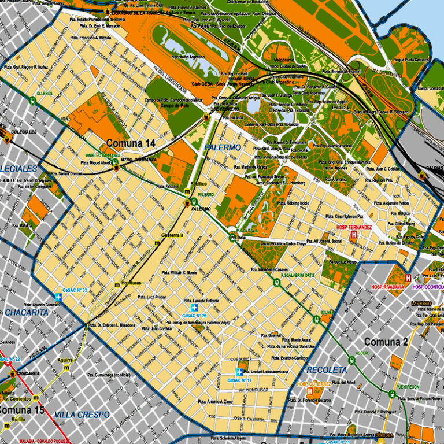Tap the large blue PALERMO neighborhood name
tap(223, 147)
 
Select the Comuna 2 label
tap(386, 342)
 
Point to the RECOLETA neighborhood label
tap(327, 369)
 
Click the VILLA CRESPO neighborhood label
tap(82, 415)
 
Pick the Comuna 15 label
tap(20, 410)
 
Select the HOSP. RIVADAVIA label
tap(387, 287)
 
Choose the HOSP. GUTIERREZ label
tap(314, 383)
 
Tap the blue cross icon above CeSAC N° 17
tap(238, 372)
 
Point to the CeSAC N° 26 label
tap(194, 316)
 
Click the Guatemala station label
tap(172, 235)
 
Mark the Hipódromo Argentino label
tap(188, 57)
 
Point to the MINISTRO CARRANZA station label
tap(103, 156)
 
